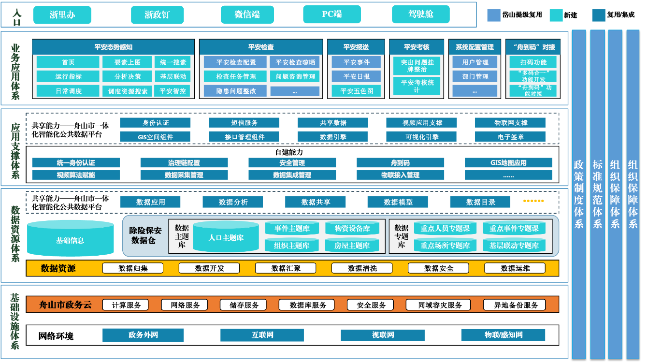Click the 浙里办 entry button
click(x=62, y=15)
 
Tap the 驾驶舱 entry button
click(x=420, y=15)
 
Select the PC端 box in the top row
click(x=332, y=15)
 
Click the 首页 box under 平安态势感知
click(x=68, y=62)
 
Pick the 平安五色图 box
click(x=356, y=91)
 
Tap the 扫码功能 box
click(x=533, y=62)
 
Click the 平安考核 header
click(x=417, y=47)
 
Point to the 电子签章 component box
click(x=510, y=137)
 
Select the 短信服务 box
click(x=244, y=123)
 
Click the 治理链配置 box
click(x=184, y=163)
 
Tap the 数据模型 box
click(x=398, y=202)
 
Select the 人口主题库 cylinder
click(x=226, y=237)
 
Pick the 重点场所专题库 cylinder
click(x=445, y=246)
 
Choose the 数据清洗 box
click(x=362, y=268)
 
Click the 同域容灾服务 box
click(x=440, y=305)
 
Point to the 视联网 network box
click(x=382, y=335)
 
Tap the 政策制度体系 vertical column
click(x=578, y=193)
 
